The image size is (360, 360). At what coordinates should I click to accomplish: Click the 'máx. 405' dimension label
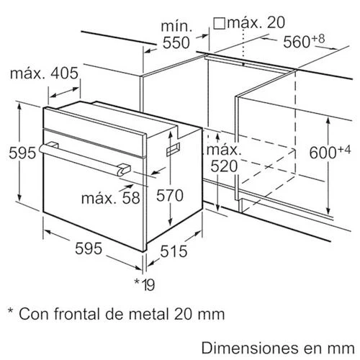tap(44, 73)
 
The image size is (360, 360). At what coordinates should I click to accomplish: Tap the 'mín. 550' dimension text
tap(176, 35)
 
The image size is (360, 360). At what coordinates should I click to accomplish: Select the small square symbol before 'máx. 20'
tap(220, 24)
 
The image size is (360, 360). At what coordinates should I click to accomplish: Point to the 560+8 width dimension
tap(304, 41)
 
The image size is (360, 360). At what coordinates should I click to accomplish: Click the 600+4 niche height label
tap(330, 152)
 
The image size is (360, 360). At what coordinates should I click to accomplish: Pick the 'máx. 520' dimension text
tap(224, 158)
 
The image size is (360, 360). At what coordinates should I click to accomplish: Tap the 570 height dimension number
tap(170, 195)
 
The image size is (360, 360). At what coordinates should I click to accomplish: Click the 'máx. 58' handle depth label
tap(111, 198)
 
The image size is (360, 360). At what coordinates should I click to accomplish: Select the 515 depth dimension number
tap(174, 251)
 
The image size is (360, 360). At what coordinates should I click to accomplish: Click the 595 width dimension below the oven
tap(89, 248)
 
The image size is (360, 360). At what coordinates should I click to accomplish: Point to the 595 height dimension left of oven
tap(22, 153)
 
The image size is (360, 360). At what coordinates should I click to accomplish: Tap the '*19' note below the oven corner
tap(145, 284)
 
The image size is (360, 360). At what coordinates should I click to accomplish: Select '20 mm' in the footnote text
tap(199, 314)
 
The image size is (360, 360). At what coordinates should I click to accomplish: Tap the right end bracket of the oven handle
tap(124, 168)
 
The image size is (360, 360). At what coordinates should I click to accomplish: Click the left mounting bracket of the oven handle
tap(53, 145)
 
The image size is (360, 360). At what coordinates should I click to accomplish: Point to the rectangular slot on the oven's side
tap(174, 149)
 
